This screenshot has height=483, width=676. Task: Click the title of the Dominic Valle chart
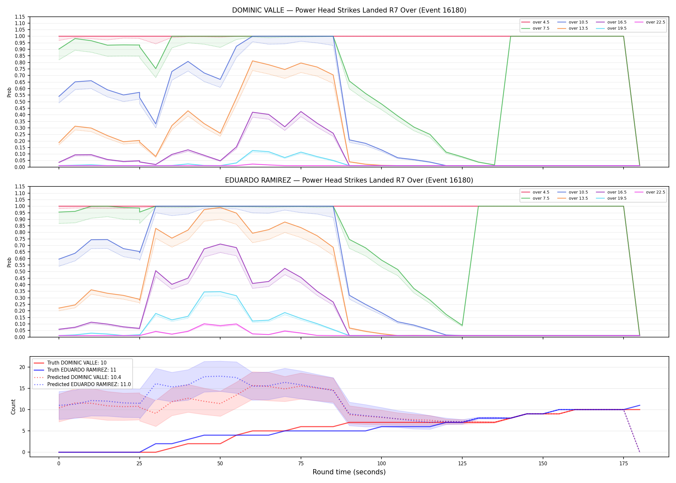pyautogui.click(x=349, y=10)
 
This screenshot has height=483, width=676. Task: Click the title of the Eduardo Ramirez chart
pyautogui.click(x=349, y=180)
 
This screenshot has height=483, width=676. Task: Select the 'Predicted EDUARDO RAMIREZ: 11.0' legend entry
pyautogui.click(x=82, y=384)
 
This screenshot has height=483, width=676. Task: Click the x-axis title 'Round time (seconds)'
pyautogui.click(x=349, y=472)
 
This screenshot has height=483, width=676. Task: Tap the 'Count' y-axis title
pyautogui.click(x=13, y=407)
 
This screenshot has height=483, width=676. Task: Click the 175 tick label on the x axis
pyautogui.click(x=624, y=464)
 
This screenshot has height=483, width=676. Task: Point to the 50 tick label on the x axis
pyautogui.click(x=220, y=464)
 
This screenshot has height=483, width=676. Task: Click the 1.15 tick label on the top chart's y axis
pyautogui.click(x=20, y=17)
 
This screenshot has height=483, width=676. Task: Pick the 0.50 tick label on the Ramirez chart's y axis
pyautogui.click(x=20, y=271)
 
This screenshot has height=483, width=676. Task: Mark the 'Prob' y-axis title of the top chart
pyautogui.click(x=9, y=92)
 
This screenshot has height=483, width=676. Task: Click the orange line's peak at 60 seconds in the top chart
pyautogui.click(x=252, y=61)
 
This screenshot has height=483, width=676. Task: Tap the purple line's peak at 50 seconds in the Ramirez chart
pyautogui.click(x=220, y=244)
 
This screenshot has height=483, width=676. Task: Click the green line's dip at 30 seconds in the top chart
pyautogui.click(x=156, y=69)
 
